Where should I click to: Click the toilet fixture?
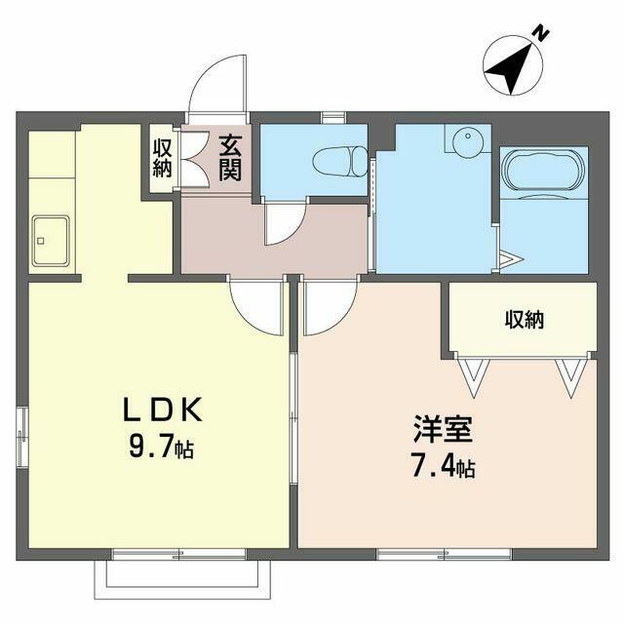pos(340,161)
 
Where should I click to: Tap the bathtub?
pos(543,172)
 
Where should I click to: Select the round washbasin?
pos(468,142)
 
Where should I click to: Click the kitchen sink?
pos(51,241)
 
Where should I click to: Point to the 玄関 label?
pos(230,158)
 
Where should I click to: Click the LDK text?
pos(163,409)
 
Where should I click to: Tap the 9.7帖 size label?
pos(161,447)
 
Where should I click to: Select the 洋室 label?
pos(443,429)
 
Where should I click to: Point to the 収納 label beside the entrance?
pos(163,158)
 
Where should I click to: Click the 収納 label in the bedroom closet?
pos(525,319)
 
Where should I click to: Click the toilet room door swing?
pos(285,223)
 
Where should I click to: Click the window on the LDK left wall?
pos(22,437)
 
